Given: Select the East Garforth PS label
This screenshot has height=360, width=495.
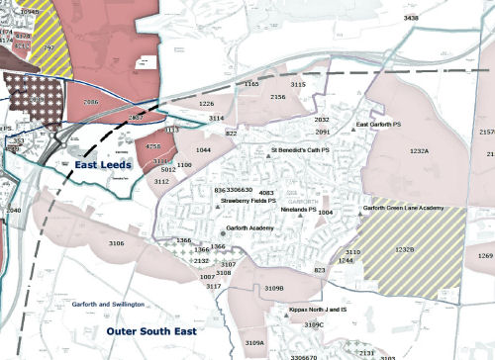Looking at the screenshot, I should [381, 126].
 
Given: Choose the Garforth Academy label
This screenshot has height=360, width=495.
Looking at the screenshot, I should [248, 228].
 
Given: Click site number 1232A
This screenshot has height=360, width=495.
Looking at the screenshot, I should [420, 151].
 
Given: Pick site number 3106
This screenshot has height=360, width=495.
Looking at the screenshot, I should [117, 242].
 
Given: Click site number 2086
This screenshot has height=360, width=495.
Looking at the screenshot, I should [91, 102].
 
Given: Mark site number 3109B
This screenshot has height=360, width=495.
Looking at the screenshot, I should [274, 288].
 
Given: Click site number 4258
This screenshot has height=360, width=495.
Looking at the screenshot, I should [153, 146].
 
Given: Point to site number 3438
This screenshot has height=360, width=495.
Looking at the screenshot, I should [405, 18].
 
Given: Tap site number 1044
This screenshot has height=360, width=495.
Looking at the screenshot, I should [202, 148].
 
